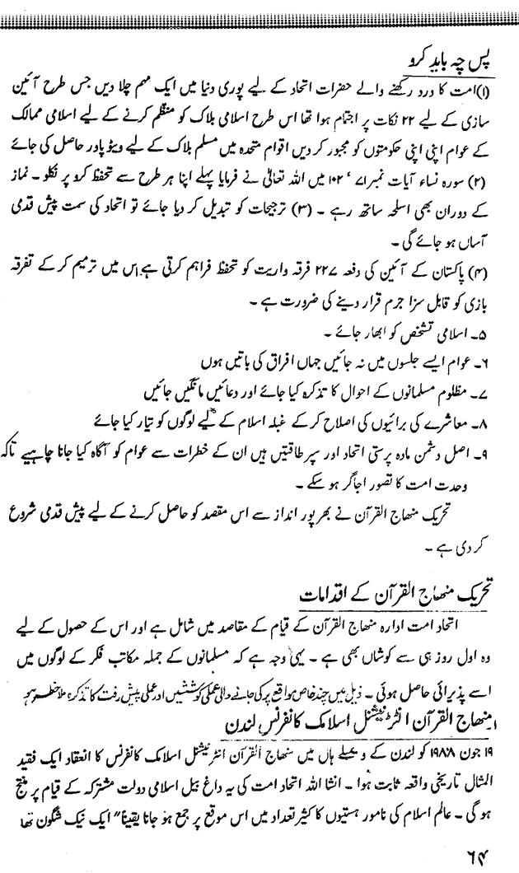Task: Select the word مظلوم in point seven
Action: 469,362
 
